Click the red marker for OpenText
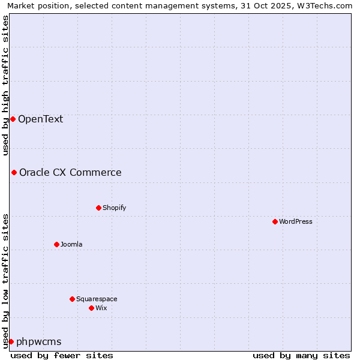pyautogui.click(x=13, y=119)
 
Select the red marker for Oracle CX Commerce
pyautogui.click(x=14, y=172)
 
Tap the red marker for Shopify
pyautogui.click(x=98, y=208)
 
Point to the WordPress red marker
pyautogui.click(x=275, y=221)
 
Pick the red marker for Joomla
pyautogui.click(x=56, y=244)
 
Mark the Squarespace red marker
pyautogui.click(x=72, y=299)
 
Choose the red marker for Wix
pyautogui.click(x=91, y=308)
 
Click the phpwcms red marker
pyautogui.click(x=11, y=341)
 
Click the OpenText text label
pyautogui.click(x=40, y=119)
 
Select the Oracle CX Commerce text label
pyautogui.click(x=70, y=173)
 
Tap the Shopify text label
pyautogui.click(x=114, y=208)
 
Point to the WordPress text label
pyautogui.click(x=296, y=221)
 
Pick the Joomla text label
pyautogui.click(x=71, y=244)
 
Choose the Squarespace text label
pyautogui.click(x=97, y=299)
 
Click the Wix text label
pyautogui.click(x=101, y=308)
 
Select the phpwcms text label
pyautogui.click(x=39, y=342)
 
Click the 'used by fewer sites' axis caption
pyautogui.click(x=62, y=355)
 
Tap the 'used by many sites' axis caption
pyautogui.click(x=301, y=355)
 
